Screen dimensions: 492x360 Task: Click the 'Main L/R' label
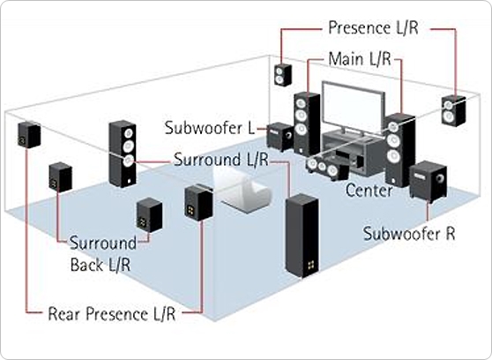click(360, 59)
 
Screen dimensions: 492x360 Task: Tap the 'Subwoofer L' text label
click(210, 128)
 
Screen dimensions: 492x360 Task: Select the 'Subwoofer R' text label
click(409, 234)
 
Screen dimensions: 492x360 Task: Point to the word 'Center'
click(369, 191)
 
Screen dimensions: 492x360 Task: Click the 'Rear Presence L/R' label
click(112, 314)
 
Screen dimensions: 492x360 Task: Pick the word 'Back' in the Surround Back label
click(87, 265)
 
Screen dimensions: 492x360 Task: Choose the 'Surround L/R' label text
click(221, 160)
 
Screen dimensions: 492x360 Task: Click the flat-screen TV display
click(353, 104)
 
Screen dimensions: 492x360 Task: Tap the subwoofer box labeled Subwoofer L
click(280, 137)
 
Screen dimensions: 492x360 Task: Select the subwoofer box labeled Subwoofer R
click(428, 181)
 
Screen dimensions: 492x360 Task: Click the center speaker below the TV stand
click(328, 168)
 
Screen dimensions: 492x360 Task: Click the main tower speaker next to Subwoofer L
click(307, 124)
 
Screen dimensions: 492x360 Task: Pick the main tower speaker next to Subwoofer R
click(400, 150)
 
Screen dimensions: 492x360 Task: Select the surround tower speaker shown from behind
click(302, 236)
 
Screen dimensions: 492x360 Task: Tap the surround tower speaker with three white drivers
click(123, 154)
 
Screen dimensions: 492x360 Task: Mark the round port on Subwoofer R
click(439, 179)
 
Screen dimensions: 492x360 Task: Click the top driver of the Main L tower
click(301, 103)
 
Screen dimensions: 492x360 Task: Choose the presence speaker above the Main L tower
click(283, 75)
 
